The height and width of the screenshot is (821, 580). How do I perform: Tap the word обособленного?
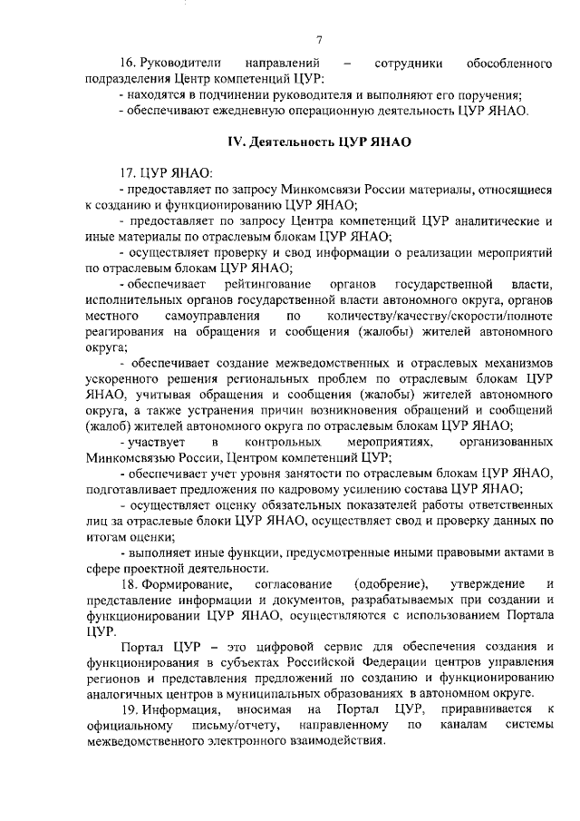point(508,64)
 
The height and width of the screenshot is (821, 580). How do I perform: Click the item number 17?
point(127,173)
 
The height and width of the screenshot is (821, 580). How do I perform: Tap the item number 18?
point(127,582)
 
